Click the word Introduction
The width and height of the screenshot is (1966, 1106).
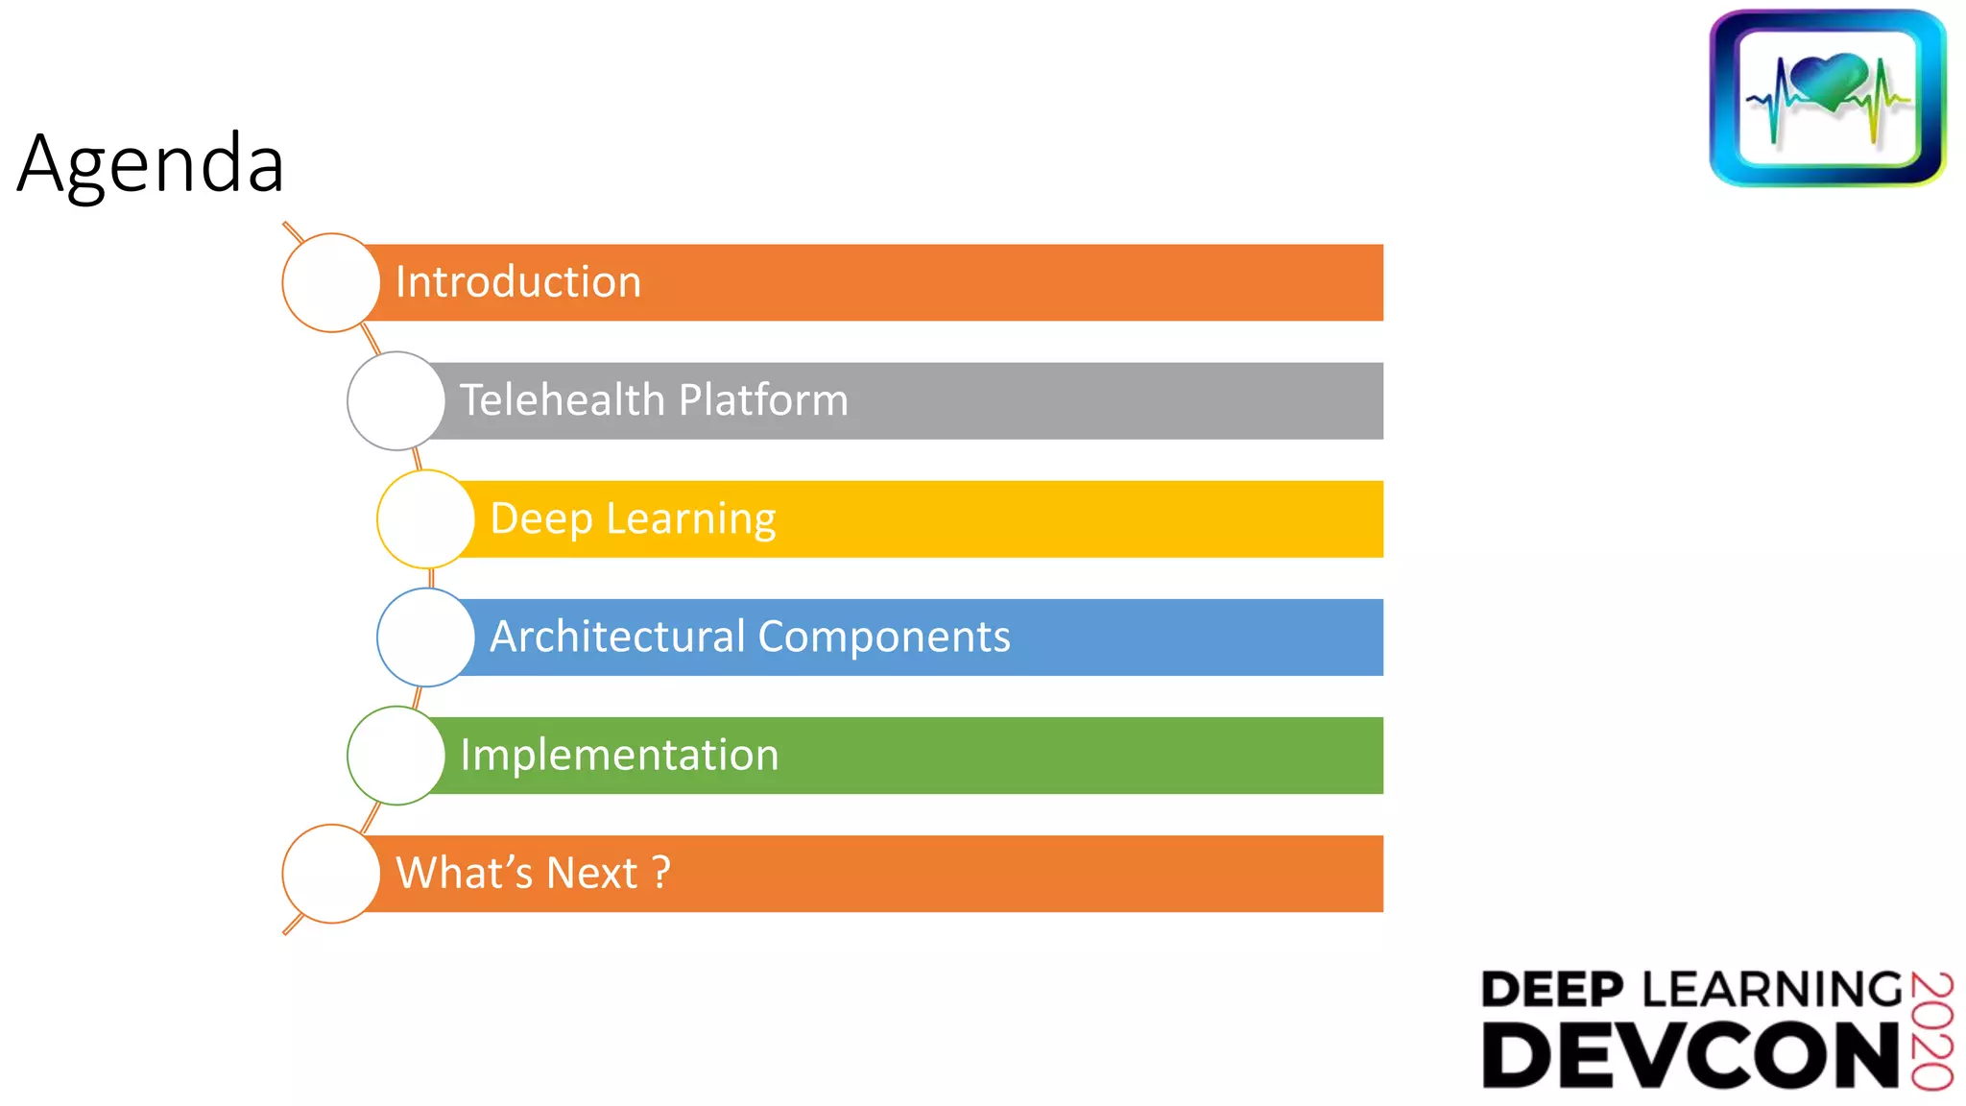click(x=517, y=282)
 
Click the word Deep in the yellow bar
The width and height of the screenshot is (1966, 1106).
click(x=541, y=519)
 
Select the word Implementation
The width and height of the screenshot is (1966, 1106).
click(x=619, y=755)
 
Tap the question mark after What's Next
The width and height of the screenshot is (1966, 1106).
click(x=660, y=873)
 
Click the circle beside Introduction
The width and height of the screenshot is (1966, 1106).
click(x=331, y=282)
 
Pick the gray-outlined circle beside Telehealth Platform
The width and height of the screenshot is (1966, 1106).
click(x=396, y=400)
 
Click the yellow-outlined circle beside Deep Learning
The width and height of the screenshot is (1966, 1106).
click(x=425, y=518)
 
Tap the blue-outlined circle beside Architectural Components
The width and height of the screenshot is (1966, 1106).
click(x=425, y=637)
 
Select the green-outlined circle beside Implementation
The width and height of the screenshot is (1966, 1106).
click(x=396, y=755)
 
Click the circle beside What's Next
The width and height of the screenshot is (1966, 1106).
click(x=331, y=873)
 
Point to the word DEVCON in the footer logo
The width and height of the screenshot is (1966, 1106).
click(x=1690, y=1055)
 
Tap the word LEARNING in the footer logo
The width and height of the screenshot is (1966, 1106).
click(x=1772, y=990)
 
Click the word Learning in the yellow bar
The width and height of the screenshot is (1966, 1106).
click(x=690, y=519)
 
